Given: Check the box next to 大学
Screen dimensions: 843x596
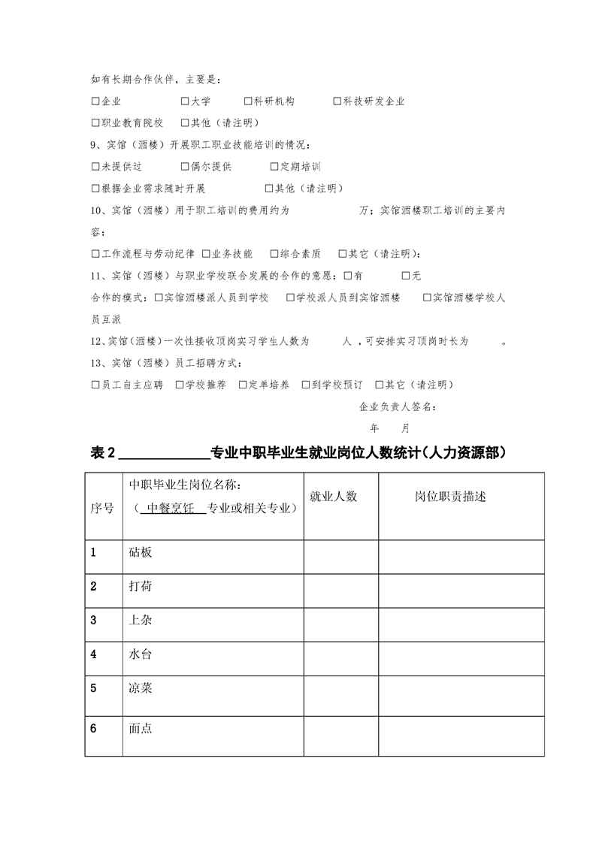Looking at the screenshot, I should tap(185, 101).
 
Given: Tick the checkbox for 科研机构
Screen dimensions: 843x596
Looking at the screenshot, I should tap(248, 101).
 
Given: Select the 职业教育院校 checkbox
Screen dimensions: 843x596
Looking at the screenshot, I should tap(95, 123).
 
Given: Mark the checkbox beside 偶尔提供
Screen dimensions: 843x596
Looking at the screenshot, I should tap(185, 167).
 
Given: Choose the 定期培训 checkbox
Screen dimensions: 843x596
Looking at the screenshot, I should tap(274, 167).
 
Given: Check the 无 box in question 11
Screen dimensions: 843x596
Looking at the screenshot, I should tap(407, 276).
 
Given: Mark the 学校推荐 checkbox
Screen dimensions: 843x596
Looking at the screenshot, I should tap(180, 385).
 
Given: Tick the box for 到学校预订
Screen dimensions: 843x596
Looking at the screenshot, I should tap(306, 385).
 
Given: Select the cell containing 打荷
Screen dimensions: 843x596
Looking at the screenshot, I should tap(141, 586).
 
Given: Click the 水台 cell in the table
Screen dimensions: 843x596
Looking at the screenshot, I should tap(141, 654).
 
